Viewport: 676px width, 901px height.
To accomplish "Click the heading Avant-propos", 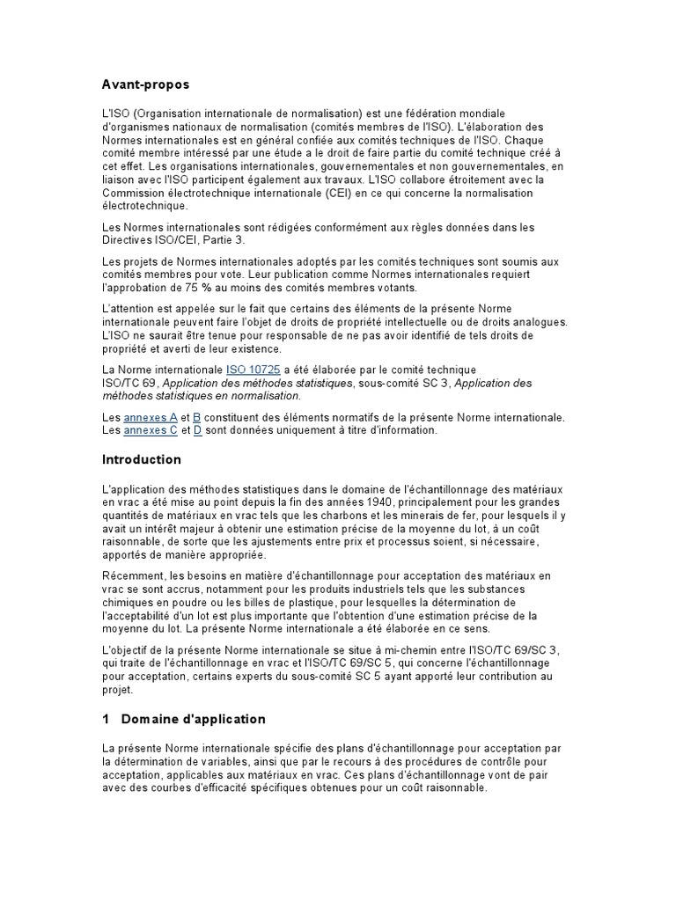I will coord(145,84).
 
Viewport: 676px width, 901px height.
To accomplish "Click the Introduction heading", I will coord(142,459).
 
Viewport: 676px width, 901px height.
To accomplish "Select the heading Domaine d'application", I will coord(193,719).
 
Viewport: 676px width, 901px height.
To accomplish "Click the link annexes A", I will coord(151,417).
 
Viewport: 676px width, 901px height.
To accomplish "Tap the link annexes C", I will coord(151,430).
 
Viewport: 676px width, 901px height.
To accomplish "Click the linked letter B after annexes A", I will coord(197,417).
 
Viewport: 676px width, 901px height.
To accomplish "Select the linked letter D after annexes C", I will coord(198,430).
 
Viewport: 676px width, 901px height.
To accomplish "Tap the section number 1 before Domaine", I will coord(106,719).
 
